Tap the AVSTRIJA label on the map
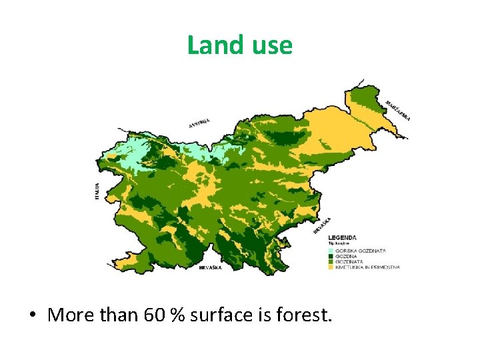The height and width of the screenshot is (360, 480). coord(199,123)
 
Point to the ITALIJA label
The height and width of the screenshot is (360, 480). coord(97,191)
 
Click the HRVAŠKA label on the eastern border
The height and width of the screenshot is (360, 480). coord(321,225)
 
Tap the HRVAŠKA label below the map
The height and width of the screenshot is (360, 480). coord(211,267)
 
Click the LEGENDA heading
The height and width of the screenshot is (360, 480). coord(342,237)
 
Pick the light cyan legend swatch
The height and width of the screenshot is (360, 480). coord(331,250)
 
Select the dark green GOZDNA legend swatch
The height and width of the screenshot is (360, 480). coord(331,256)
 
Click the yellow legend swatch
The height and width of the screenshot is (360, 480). coord(331,267)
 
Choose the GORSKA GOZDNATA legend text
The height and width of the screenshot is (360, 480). coord(361,250)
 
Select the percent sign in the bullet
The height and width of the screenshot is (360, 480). coord(178,314)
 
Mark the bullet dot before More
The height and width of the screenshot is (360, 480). coord(33,315)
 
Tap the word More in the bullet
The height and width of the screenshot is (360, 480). coord(69,314)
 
